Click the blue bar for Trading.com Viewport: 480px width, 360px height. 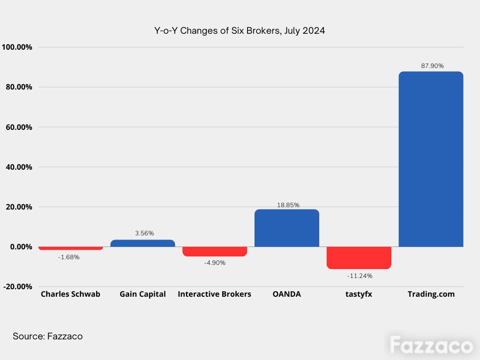point(431,159)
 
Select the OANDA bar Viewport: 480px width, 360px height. point(287,228)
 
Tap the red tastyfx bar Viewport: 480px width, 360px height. point(359,258)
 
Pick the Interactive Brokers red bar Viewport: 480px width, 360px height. point(215,251)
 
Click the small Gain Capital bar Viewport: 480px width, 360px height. point(142,243)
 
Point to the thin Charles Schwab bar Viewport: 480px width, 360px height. point(71,248)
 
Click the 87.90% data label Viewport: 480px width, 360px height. point(432,66)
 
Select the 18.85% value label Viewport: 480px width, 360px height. point(288,205)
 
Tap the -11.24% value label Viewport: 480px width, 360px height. point(360,276)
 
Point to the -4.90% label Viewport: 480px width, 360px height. point(215,262)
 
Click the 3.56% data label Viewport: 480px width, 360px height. point(144,233)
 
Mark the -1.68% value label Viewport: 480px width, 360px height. point(68,257)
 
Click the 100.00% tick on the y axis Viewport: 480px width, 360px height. point(17,47)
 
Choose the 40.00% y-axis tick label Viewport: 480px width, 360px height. point(19,167)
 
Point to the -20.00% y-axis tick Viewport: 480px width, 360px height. point(17,287)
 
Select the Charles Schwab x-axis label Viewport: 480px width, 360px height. point(70,294)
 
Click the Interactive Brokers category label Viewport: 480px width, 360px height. point(214,294)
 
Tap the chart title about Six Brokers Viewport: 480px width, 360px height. point(240,30)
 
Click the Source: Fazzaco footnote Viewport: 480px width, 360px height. point(47,337)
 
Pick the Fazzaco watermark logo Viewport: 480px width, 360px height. point(432,345)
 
